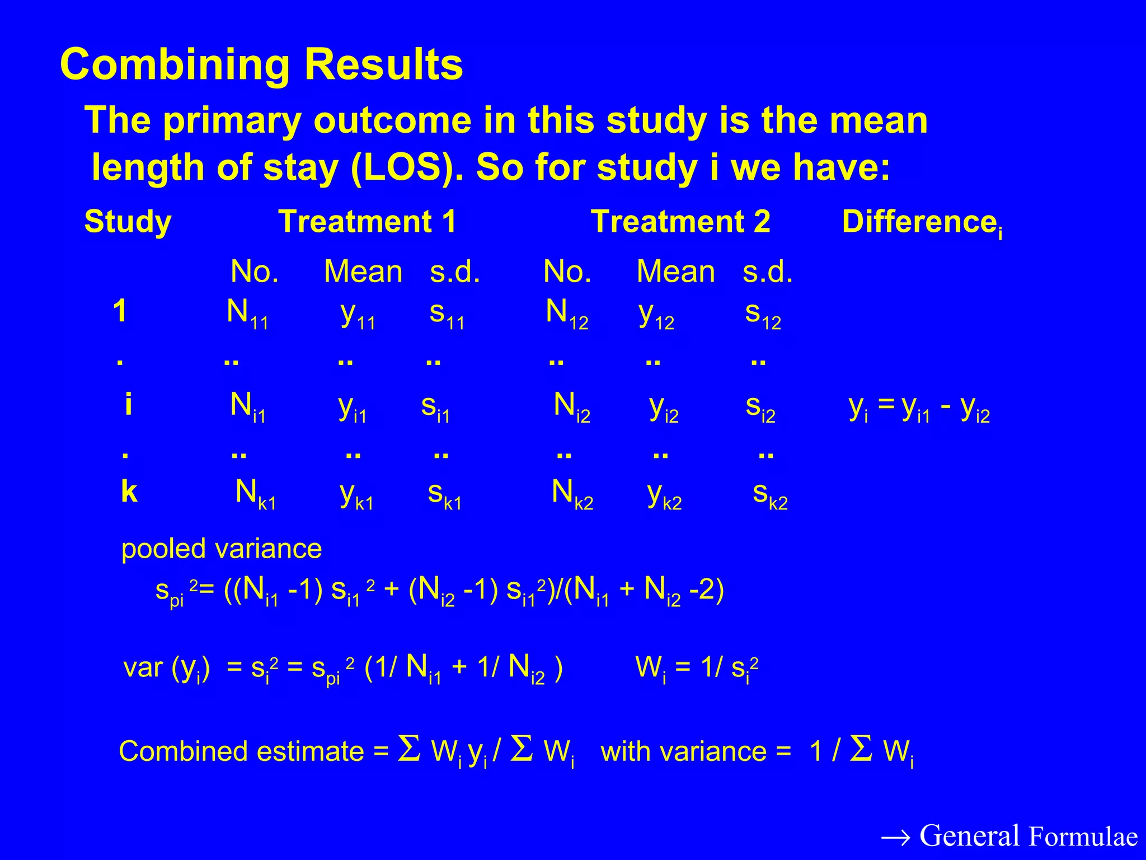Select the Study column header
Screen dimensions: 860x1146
pos(128,222)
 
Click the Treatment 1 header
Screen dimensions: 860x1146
pos(367,221)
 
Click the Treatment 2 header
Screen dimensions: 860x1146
pos(680,221)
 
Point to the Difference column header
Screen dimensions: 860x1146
pos(921,222)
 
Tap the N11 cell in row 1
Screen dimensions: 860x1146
pos(247,314)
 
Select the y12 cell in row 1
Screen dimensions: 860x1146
pos(656,315)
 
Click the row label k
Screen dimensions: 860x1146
pos(129,492)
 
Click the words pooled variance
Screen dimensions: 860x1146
pos(222,549)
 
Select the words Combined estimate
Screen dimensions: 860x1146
pos(241,751)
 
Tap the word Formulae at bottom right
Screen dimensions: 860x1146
pos(1083,837)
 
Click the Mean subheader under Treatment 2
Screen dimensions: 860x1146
pos(675,272)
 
